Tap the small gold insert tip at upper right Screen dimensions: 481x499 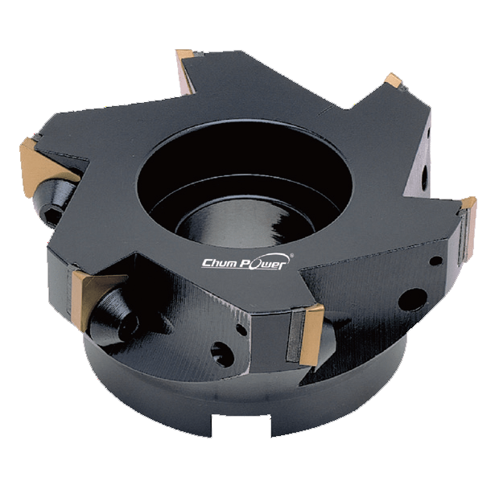pyautogui.click(x=394, y=80)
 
